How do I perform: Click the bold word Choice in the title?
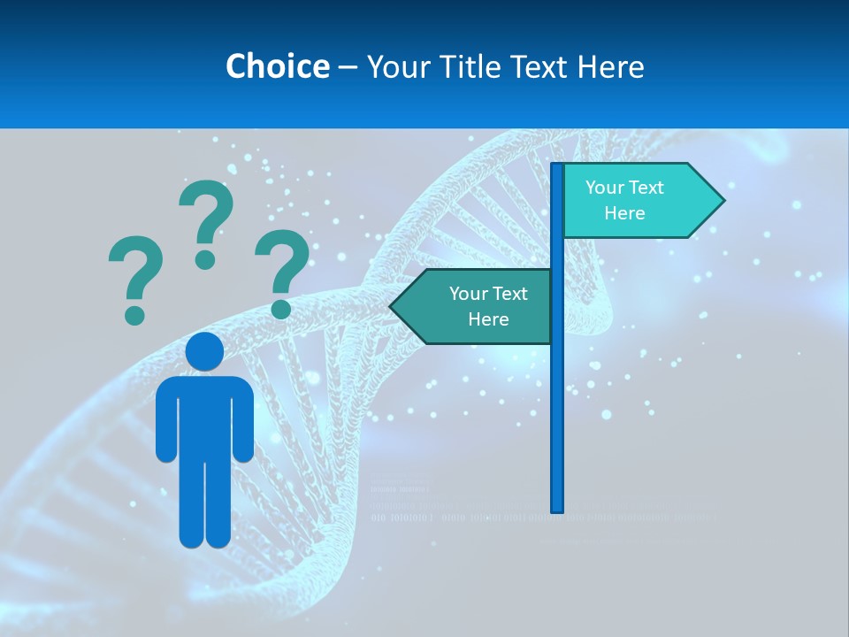point(277,66)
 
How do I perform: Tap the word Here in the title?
point(610,66)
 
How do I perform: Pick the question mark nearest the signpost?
point(282,270)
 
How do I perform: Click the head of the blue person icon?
point(204,351)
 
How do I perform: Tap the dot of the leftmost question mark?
point(134,314)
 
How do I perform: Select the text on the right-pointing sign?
point(624,200)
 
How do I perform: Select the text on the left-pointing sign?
point(487,306)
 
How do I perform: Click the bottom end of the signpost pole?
point(557,509)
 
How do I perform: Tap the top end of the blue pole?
point(557,166)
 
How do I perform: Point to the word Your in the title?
point(396,66)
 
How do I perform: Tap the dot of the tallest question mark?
point(205,258)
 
